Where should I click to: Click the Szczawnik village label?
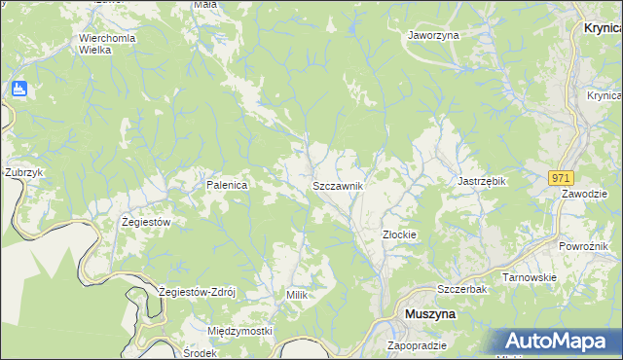click(338, 185)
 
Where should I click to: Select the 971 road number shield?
click(560, 178)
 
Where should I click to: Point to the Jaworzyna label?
click(433, 35)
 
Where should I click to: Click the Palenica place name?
click(226, 184)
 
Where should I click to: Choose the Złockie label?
click(399, 234)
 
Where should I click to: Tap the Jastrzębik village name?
click(484, 181)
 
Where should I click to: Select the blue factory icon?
click(18, 90)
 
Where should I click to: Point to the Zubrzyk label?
click(24, 172)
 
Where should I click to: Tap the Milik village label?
click(297, 294)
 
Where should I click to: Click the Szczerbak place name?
click(461, 290)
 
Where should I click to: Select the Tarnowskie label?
click(529, 277)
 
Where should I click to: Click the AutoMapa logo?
click(562, 342)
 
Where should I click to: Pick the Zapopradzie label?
click(417, 345)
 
